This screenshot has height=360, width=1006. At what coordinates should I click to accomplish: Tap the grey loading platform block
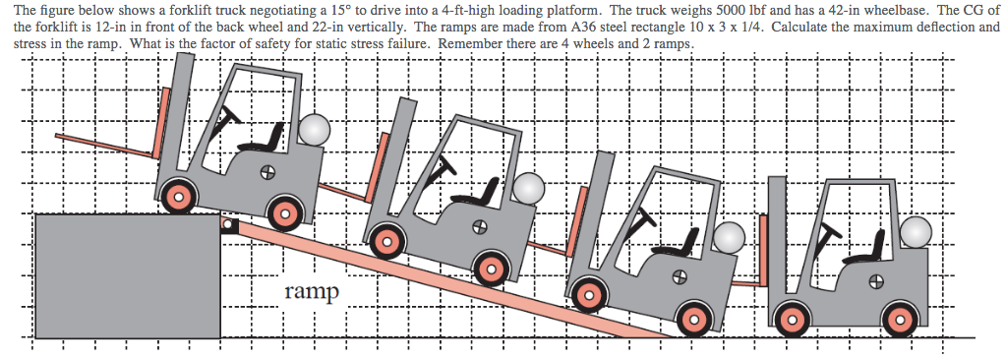point(127,274)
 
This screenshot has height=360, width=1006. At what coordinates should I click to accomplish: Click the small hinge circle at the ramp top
point(227,226)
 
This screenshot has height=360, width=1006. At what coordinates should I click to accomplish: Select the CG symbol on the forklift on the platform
point(266,174)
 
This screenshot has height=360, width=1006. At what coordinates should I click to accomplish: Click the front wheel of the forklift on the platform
point(178,198)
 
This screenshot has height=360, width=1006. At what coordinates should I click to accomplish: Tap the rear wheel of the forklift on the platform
point(285,210)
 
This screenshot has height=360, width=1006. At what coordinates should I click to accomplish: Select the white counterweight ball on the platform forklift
point(315,130)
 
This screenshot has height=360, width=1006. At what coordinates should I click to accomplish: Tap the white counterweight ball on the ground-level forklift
point(915,232)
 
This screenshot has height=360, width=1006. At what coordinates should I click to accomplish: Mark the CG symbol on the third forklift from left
point(678,278)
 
